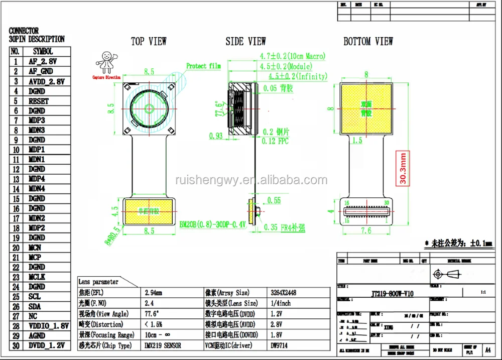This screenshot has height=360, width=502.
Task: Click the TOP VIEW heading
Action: [149, 41]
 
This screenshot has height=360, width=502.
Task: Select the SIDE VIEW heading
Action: [245, 41]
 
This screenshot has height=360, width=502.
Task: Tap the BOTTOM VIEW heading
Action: [368, 41]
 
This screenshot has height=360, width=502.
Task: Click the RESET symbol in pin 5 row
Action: [39, 101]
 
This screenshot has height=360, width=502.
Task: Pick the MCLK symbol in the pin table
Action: [38, 277]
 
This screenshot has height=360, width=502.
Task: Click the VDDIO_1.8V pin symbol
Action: [48, 326]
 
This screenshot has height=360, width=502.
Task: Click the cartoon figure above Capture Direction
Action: [106, 62]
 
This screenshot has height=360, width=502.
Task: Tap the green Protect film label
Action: [203, 66]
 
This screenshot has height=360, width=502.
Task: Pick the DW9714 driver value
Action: [281, 345]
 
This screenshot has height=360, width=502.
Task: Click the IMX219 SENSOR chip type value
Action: [163, 345]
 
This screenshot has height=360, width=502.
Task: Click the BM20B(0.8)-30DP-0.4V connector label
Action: [213, 225]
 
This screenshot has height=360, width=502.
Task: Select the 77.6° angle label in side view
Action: [219, 109]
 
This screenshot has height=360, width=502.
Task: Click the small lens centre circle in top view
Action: [149, 108]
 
